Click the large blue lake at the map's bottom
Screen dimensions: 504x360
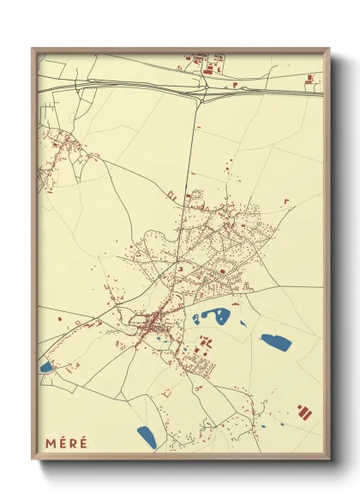tap(147, 438)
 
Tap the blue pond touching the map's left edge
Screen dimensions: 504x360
tap(45, 367)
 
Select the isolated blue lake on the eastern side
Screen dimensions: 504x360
tap(276, 343)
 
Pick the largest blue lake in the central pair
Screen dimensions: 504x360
tap(219, 316)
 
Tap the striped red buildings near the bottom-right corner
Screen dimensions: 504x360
tap(304, 411)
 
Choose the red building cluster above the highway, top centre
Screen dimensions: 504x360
tap(207, 65)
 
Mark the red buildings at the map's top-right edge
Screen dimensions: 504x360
tap(312, 81)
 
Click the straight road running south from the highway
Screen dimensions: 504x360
tap(190, 171)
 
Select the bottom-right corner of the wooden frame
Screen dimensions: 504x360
tap(330, 461)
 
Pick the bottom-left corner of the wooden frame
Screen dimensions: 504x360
tap(33, 461)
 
